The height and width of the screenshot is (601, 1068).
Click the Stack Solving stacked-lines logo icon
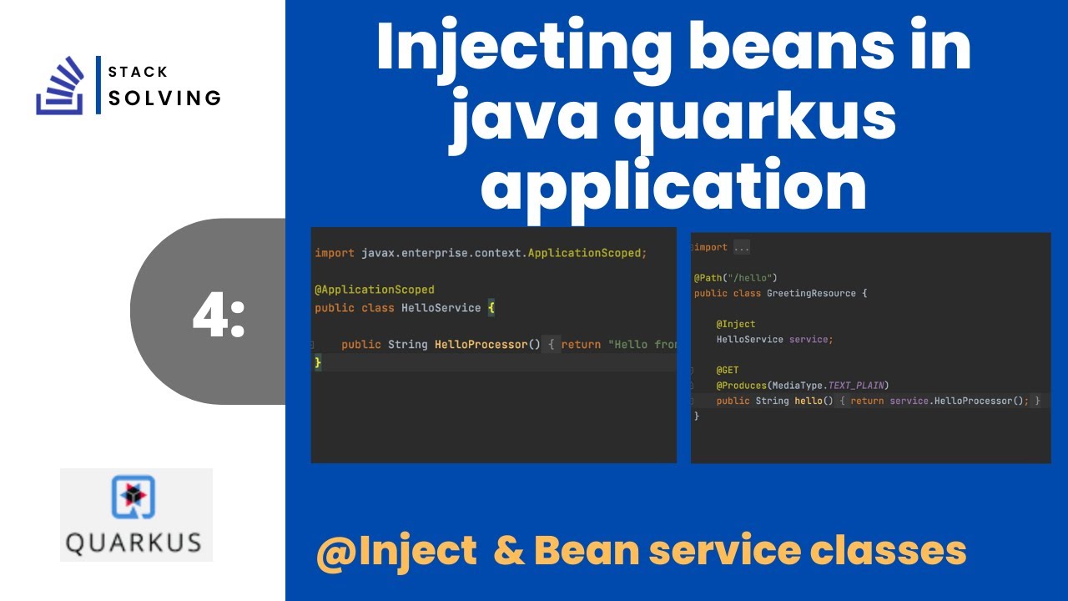(x=61, y=85)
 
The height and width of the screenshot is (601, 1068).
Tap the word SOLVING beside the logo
(x=165, y=98)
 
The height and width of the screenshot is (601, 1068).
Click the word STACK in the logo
(x=138, y=72)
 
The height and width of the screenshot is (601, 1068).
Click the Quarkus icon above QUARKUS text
(x=135, y=497)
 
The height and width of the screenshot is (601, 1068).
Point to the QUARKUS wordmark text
(x=134, y=543)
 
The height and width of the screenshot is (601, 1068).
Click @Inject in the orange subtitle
(x=395, y=551)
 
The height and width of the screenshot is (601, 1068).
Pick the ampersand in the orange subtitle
(x=507, y=551)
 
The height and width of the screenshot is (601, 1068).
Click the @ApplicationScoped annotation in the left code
(x=375, y=290)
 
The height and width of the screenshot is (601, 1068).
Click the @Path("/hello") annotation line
(x=735, y=277)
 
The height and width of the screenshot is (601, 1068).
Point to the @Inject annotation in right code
(x=735, y=324)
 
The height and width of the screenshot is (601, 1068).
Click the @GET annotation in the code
(x=727, y=370)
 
